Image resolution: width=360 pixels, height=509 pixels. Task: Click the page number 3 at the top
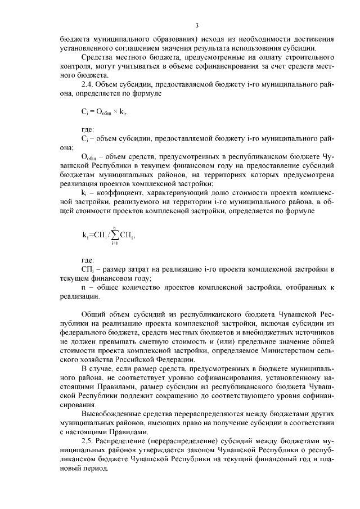(x=197, y=25)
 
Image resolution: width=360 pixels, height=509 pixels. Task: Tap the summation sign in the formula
(x=114, y=235)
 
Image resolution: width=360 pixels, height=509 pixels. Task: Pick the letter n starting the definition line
(x=84, y=288)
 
